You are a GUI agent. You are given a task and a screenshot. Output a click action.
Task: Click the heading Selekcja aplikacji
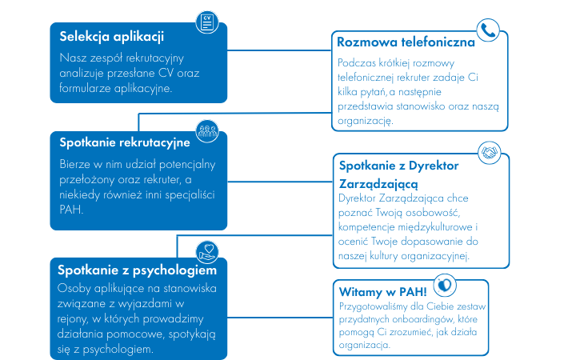click(112, 37)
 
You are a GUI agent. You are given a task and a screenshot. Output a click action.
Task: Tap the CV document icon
click(207, 22)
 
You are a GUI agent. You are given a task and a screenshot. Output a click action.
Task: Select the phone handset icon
click(488, 30)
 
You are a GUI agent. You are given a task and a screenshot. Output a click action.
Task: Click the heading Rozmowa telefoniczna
click(406, 42)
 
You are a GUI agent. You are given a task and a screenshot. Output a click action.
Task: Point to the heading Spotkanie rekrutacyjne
click(125, 142)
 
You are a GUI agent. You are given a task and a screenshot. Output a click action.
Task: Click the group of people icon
click(207, 131)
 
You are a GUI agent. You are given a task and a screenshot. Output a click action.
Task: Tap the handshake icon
click(490, 153)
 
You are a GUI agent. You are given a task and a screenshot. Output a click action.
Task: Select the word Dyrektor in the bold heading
click(434, 166)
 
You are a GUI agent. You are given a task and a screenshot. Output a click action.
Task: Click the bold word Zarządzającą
click(378, 184)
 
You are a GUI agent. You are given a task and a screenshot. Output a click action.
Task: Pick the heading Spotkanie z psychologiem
click(137, 270)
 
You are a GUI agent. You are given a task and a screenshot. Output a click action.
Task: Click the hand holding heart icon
click(207, 253)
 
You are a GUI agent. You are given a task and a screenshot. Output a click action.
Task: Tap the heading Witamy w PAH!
click(382, 292)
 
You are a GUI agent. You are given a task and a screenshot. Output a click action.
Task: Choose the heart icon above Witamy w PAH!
click(445, 285)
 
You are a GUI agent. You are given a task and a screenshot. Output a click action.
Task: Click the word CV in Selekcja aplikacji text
click(166, 73)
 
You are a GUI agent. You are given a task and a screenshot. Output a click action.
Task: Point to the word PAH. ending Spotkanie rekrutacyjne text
click(71, 210)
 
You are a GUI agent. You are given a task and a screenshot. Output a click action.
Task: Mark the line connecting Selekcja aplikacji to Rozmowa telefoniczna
click(279, 50)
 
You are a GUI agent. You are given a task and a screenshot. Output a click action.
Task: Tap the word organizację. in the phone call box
click(365, 121)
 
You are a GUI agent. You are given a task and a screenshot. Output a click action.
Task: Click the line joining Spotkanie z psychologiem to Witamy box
click(280, 318)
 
